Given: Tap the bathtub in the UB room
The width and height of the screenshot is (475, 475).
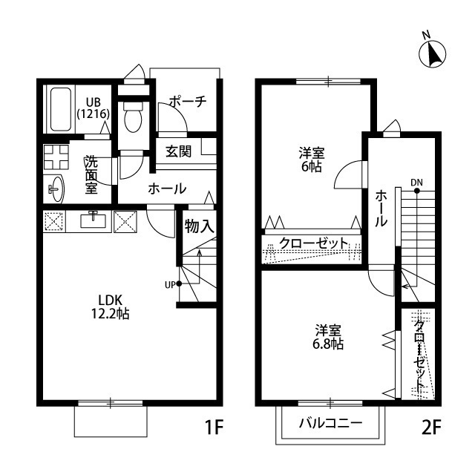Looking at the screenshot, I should point(60,110).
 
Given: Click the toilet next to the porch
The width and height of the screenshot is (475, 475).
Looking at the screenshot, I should point(134,119).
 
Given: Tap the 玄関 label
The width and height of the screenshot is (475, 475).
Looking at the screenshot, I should point(178,151).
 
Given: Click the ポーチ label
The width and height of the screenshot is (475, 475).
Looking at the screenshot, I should point(186,102).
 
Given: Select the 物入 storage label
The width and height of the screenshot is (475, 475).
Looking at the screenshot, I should point(199,226).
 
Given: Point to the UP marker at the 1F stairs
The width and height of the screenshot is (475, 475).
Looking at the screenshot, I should point(171,283).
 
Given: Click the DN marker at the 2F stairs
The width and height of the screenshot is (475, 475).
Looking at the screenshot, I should point(417,183).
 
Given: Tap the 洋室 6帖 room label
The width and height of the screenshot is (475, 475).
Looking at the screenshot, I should point(311,160).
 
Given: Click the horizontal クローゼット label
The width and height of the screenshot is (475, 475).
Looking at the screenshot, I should point(313,243).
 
